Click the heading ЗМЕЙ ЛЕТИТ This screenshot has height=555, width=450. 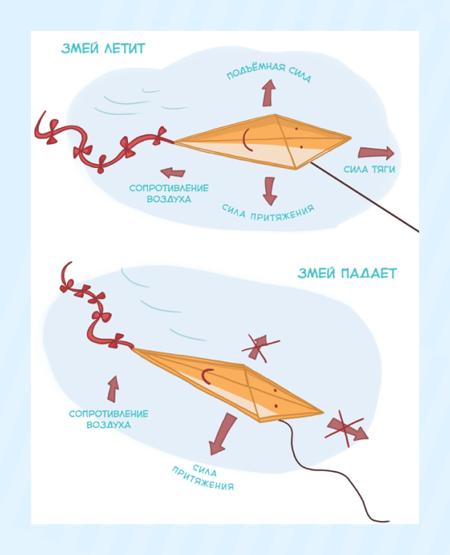point(103,49)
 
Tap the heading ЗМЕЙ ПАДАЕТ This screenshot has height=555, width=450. point(347,273)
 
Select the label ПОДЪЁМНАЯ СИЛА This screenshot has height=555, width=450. point(269,72)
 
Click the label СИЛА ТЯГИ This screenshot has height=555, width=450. point(369,169)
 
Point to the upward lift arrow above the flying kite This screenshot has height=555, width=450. point(269,92)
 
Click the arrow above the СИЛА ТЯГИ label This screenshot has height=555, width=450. point(376,153)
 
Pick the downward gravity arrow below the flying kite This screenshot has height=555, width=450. point(270,191)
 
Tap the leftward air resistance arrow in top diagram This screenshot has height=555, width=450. point(173,173)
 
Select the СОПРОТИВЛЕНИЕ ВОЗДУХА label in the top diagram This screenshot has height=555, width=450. point(169,193)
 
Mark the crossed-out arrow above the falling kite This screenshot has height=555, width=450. point(259,348)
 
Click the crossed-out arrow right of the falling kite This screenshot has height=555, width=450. point(346,429)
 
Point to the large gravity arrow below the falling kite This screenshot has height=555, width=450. point(222,433)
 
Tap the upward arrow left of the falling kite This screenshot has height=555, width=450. point(113,388)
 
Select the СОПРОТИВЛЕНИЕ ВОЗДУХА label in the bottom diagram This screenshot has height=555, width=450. point(108,419)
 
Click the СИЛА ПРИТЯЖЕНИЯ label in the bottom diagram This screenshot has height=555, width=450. point(203,477)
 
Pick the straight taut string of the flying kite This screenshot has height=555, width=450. point(364,197)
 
